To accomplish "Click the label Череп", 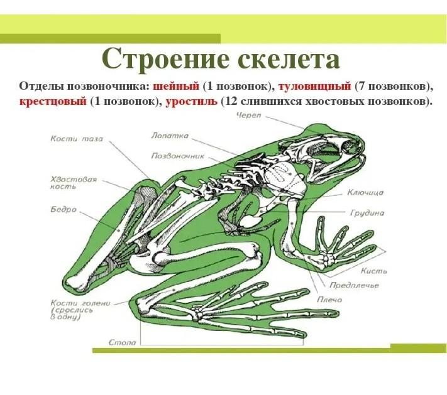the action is click(248, 116).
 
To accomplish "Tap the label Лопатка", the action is click(170, 136).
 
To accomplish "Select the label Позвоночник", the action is click(178, 156).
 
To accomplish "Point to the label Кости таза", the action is click(77, 139).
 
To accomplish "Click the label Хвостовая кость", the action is click(74, 183).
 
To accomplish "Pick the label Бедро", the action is click(63, 209).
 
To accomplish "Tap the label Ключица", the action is click(365, 193).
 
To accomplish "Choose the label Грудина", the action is click(367, 213).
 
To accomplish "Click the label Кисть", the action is click(374, 271).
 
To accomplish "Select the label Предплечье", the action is click(354, 285).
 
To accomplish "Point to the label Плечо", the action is click(329, 300).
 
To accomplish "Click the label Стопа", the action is click(123, 342).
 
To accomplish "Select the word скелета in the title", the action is click(289, 60).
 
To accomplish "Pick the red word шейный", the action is click(176, 86).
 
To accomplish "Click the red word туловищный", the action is click(314, 86).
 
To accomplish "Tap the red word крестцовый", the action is click(53, 101).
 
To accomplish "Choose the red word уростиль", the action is click(191, 101).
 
